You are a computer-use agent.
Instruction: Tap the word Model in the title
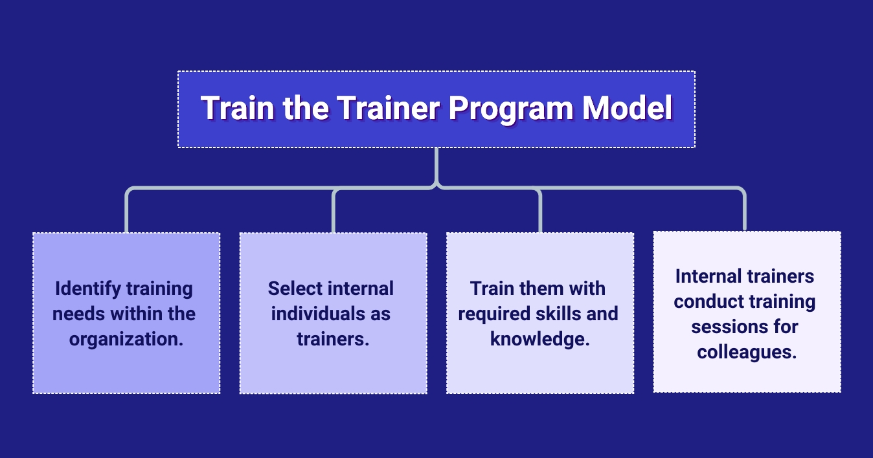(628, 107)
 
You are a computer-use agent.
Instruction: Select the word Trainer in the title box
(388, 107)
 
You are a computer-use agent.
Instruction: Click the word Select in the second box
(295, 289)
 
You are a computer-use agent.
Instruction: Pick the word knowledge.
(539, 339)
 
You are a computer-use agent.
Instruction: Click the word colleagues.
(747, 353)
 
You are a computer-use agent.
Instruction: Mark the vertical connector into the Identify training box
(127, 212)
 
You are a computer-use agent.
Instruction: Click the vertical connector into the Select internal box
(334, 212)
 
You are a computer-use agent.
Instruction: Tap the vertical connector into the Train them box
(540, 212)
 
